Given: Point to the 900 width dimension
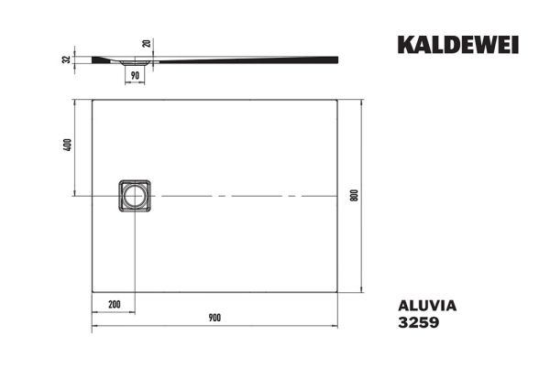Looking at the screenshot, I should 214,317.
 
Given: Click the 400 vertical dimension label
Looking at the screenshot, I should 67,147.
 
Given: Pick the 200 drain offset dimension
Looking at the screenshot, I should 115,303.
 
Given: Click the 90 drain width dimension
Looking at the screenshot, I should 135,76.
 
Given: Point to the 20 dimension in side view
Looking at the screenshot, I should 148,43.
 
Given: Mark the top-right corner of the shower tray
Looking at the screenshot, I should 338,100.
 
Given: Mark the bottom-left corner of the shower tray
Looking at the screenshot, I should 93,294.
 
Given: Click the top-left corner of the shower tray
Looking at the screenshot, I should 93,100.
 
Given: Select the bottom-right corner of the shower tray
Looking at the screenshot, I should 338,294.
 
